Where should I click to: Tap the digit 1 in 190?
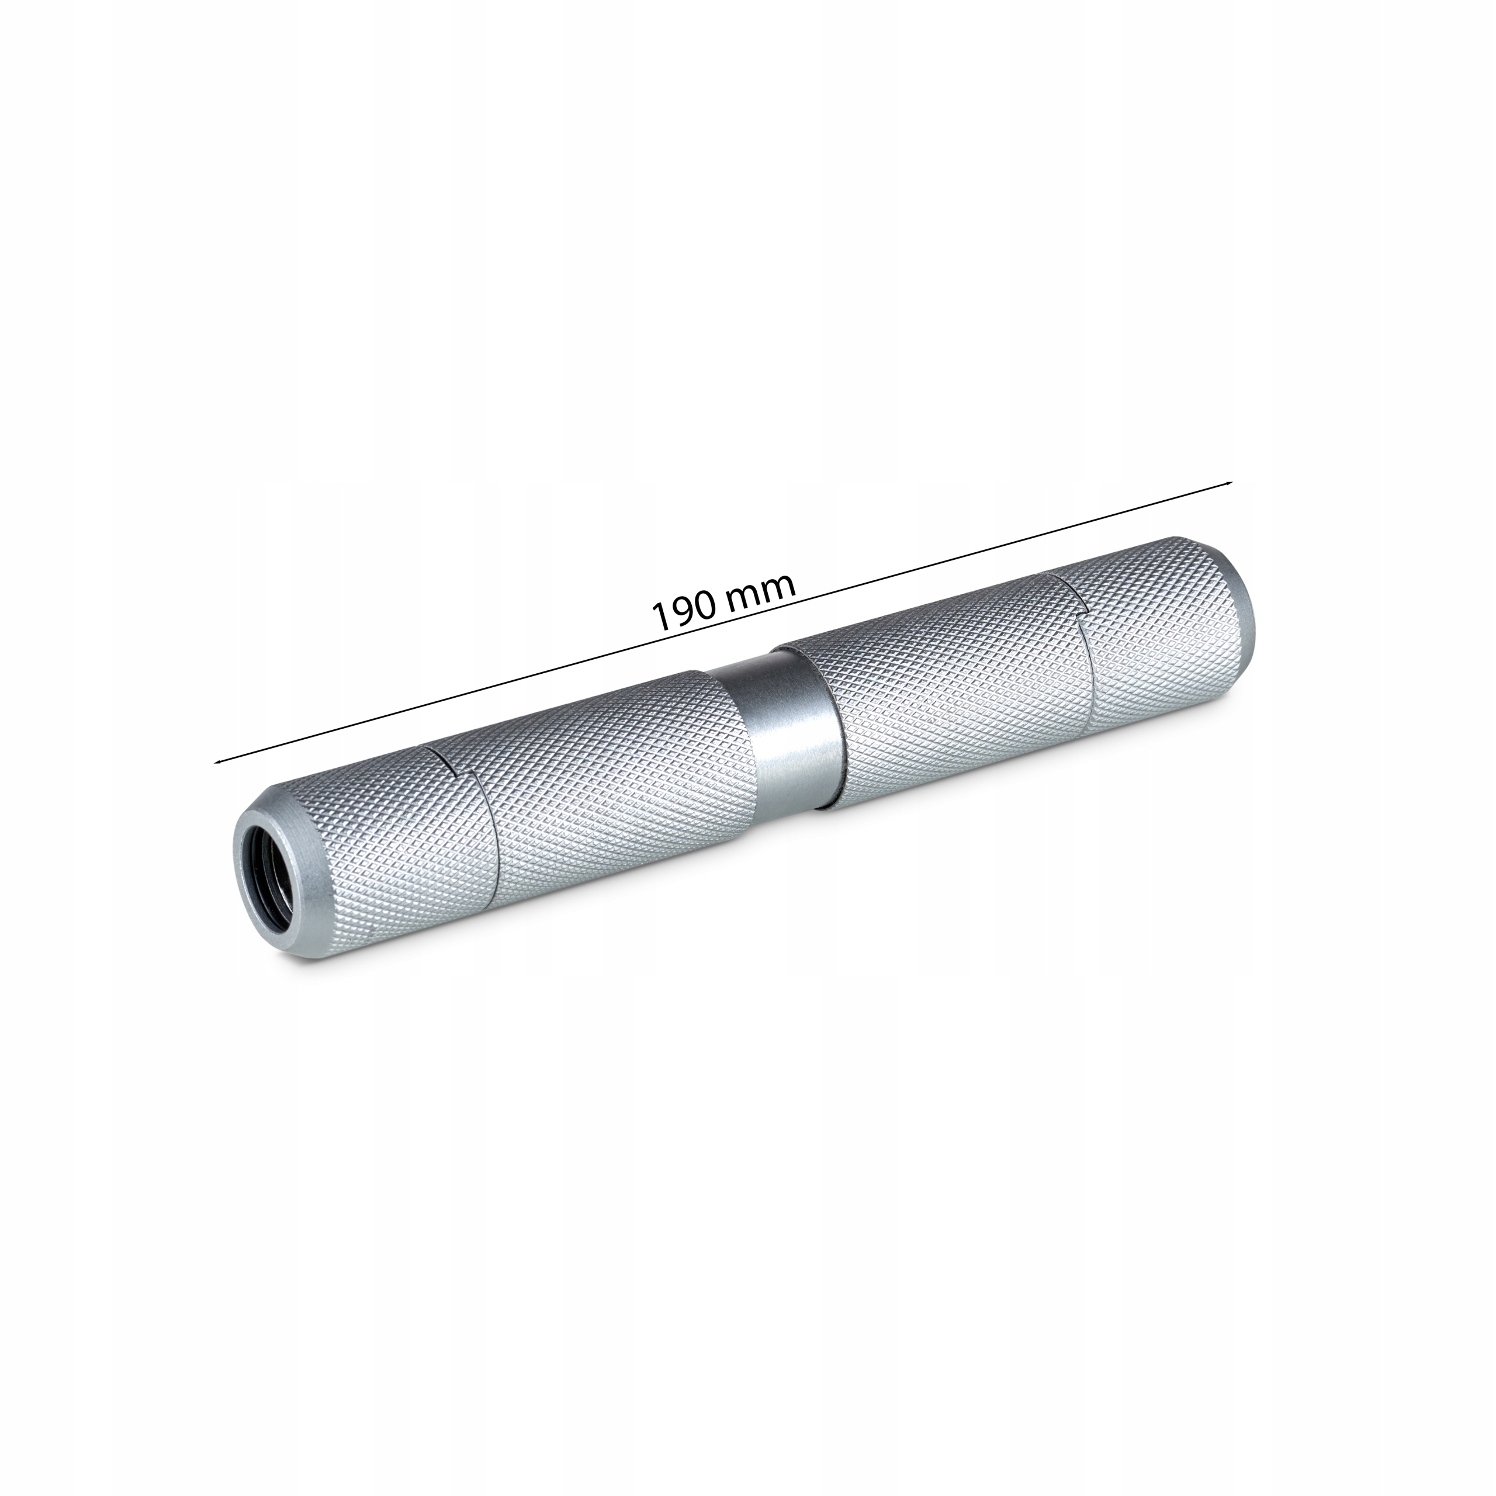660,617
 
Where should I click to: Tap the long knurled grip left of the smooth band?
612,782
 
